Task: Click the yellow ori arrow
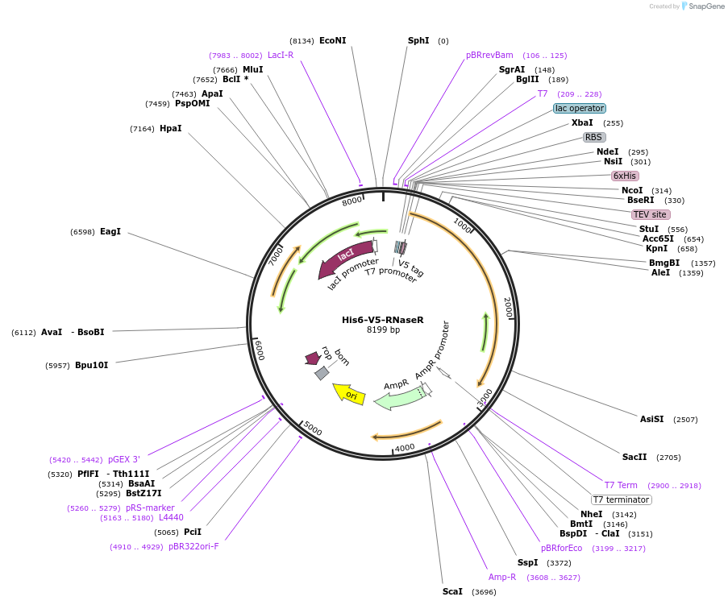coord(349,394)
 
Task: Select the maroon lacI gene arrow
coord(345,258)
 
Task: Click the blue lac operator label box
coord(580,108)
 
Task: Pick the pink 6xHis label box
coord(625,176)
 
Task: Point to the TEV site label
coord(650,214)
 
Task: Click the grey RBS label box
coord(594,137)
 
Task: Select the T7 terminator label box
coord(622,499)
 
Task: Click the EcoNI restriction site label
coord(332,41)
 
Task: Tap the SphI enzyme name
coord(418,41)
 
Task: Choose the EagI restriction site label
coord(110,231)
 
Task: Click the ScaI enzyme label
coord(452,591)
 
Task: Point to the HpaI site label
coord(170,129)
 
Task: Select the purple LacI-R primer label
coord(281,56)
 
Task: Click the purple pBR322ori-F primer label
coord(193,546)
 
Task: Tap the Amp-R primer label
coord(502,577)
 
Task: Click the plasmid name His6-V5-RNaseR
coord(383,320)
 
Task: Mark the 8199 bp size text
coord(383,329)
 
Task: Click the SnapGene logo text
coord(706,6)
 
